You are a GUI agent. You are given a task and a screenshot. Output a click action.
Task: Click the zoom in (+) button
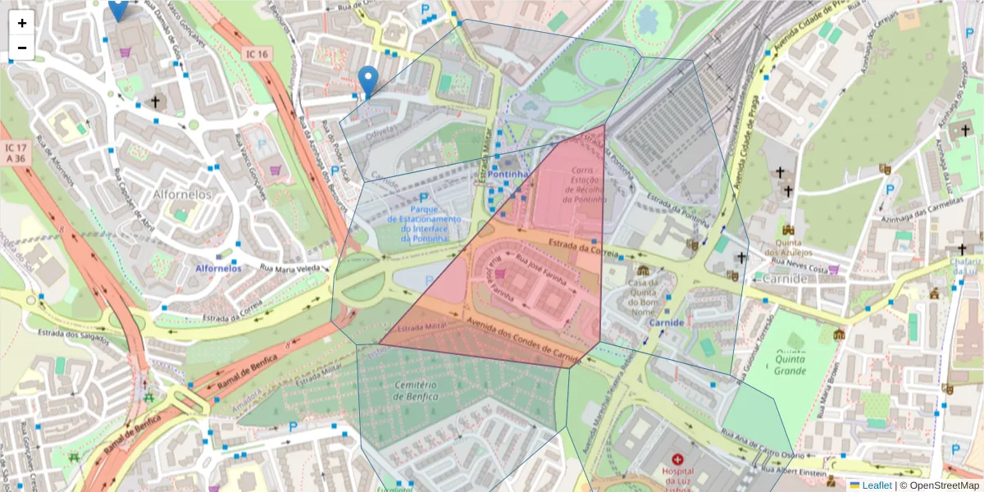pyautogui.click(x=21, y=23)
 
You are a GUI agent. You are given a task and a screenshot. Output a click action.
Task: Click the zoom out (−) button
pyautogui.click(x=21, y=48)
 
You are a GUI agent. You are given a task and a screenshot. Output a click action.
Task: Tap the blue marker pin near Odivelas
pyautogui.click(x=368, y=81)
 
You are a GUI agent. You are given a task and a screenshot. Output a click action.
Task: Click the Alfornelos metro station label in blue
pyautogui.click(x=218, y=268)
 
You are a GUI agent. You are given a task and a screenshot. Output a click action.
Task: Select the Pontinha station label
pyautogui.click(x=507, y=175)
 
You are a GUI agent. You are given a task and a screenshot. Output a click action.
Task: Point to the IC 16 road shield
pyautogui.click(x=256, y=54)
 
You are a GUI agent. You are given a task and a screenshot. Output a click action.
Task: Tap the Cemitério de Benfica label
pyautogui.click(x=416, y=391)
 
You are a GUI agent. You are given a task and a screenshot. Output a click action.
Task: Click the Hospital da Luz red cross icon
pyautogui.click(x=676, y=459)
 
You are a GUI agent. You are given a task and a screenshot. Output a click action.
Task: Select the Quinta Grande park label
pyautogui.click(x=790, y=364)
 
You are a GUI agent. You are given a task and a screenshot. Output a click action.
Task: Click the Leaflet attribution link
pyautogui.click(x=876, y=485)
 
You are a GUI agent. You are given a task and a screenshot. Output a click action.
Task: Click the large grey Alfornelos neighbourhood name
pyautogui.click(x=182, y=194)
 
